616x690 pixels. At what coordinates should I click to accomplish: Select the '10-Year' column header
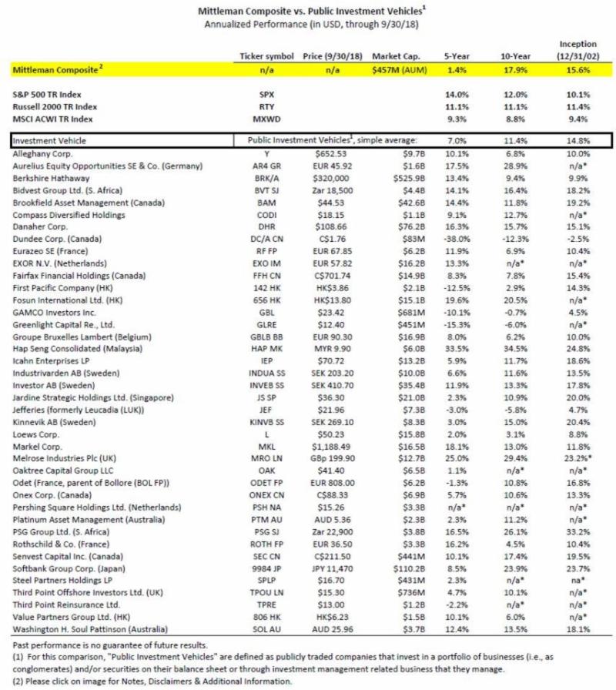507,56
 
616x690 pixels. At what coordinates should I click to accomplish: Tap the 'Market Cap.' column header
395,56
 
